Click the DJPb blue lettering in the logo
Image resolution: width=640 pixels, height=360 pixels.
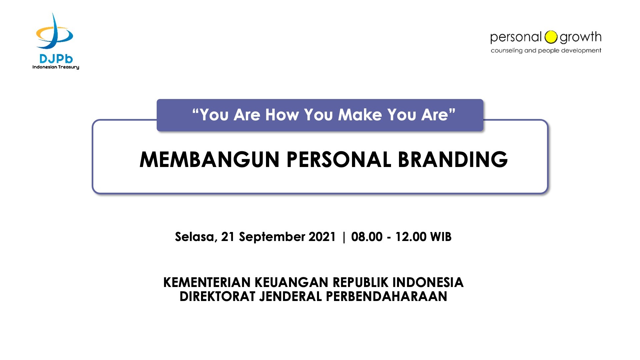point(56,59)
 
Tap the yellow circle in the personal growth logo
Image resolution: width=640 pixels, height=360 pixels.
point(551,37)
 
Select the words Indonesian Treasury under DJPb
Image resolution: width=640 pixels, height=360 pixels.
point(56,67)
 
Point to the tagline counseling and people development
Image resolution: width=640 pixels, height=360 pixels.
point(546,50)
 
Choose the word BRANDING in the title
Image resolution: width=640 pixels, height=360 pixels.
point(453,159)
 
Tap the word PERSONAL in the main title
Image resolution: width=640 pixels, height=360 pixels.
point(339,159)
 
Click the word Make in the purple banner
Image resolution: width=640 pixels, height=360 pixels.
point(360,115)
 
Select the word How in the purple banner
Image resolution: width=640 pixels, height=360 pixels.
point(282,115)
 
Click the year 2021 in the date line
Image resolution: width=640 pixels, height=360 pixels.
point(322,237)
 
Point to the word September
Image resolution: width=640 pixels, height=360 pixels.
point(272,237)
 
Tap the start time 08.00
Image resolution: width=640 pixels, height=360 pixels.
point(367,237)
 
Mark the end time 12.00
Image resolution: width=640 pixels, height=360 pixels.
point(411,237)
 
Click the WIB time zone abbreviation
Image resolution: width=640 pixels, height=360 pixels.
point(441,237)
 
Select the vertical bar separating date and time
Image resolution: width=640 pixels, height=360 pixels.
point(344,237)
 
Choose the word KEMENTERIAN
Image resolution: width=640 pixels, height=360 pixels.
point(207,282)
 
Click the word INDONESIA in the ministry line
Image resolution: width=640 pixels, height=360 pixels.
point(428,282)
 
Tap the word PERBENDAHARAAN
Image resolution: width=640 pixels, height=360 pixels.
point(386,296)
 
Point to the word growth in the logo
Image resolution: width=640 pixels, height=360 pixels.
point(580,37)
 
